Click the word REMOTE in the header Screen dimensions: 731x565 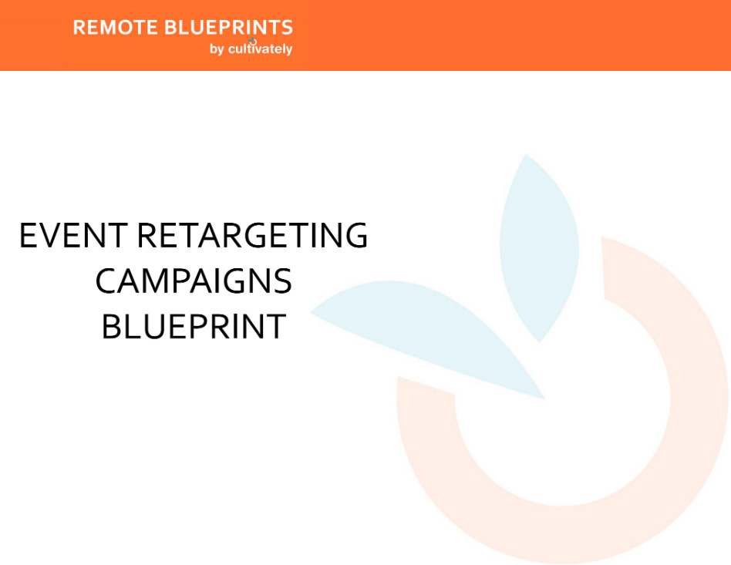(115, 28)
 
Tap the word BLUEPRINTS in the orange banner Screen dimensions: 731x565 (228, 28)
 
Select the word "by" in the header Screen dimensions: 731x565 (217, 49)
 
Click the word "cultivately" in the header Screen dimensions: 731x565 (260, 49)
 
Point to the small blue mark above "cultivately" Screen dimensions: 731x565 (253, 41)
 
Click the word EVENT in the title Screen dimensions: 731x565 (73, 235)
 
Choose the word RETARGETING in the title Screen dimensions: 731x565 (252, 235)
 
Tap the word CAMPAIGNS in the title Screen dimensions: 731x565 (194, 281)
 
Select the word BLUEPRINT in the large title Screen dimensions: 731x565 (194, 326)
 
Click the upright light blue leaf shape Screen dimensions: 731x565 (540, 248)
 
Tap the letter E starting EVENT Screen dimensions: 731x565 (28, 235)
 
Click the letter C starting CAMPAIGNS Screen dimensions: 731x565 (106, 281)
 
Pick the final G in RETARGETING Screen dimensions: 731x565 (355, 235)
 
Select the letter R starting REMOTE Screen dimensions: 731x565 (79, 28)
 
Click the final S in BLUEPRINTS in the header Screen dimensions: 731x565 (287, 28)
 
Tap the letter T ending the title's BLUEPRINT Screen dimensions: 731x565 (276, 326)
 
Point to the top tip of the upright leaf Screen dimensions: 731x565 (527, 154)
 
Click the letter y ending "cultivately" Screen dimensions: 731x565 (288, 50)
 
